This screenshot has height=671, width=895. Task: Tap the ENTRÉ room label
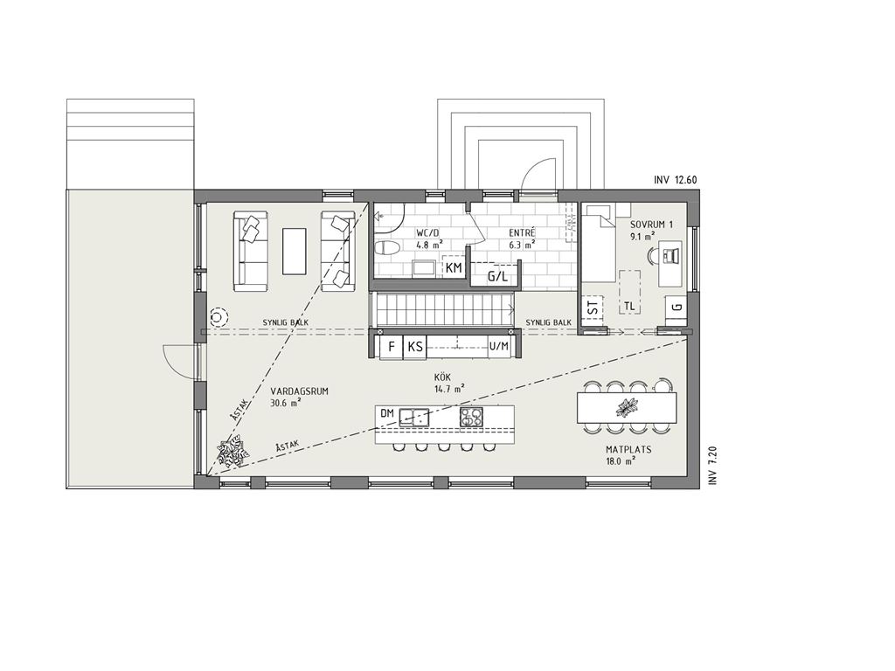(522, 233)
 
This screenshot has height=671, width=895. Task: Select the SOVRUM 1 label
(651, 225)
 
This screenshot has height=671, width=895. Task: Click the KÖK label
(443, 377)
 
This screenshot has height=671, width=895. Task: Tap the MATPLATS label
(628, 450)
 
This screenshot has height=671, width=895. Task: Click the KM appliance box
(454, 268)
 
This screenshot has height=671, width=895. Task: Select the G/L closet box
(496, 277)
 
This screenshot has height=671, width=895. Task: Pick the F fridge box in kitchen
(392, 347)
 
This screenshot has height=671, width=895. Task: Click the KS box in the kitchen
(416, 347)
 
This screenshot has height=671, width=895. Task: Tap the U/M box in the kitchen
(499, 347)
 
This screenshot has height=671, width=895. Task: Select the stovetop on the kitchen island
(471, 417)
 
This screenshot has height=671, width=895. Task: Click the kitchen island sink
(414, 417)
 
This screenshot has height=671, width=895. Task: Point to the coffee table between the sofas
(295, 251)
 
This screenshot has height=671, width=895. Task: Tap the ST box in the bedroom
(594, 308)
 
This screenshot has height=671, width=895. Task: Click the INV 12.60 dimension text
(676, 180)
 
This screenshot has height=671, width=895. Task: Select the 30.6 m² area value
(286, 403)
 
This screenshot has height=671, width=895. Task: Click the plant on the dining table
(626, 407)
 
